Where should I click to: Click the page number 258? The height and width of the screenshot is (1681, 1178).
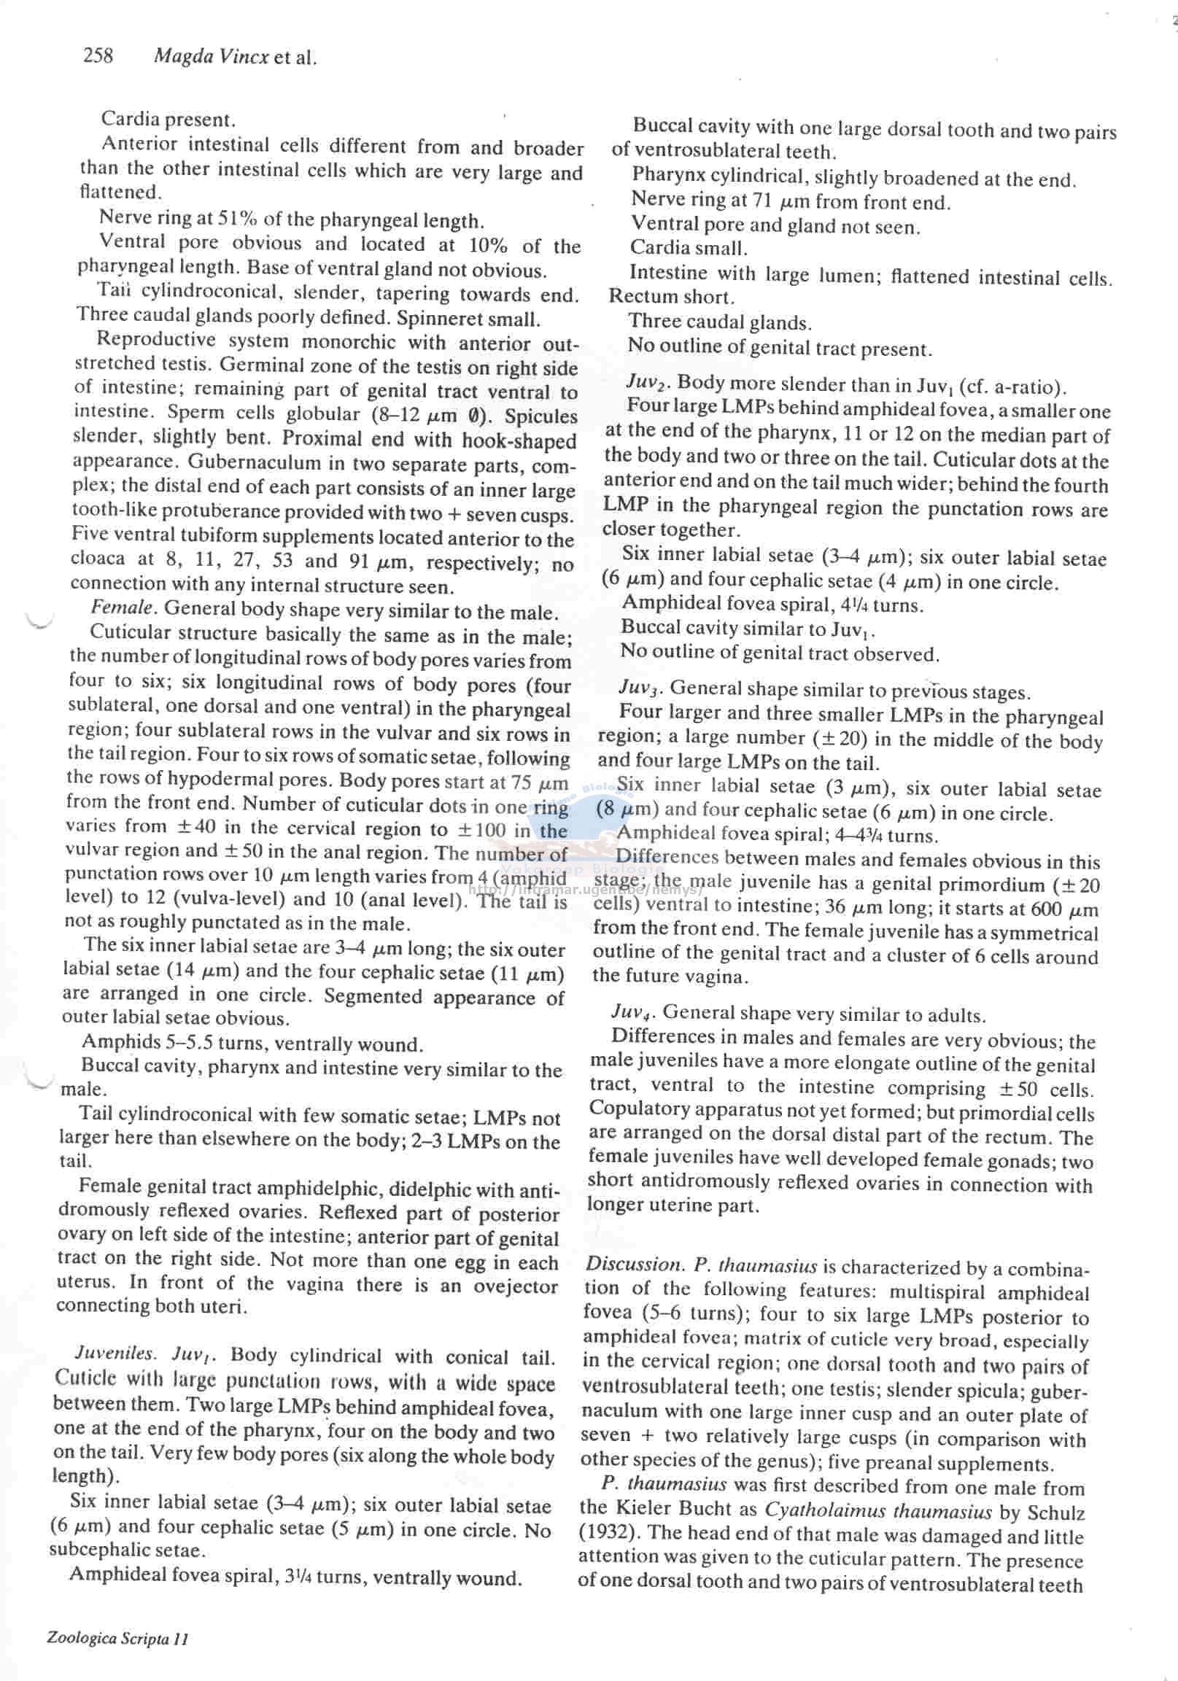tap(98, 55)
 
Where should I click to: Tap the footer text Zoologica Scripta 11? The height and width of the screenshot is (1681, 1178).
tap(117, 1639)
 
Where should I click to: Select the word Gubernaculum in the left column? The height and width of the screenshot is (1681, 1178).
tap(240, 462)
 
